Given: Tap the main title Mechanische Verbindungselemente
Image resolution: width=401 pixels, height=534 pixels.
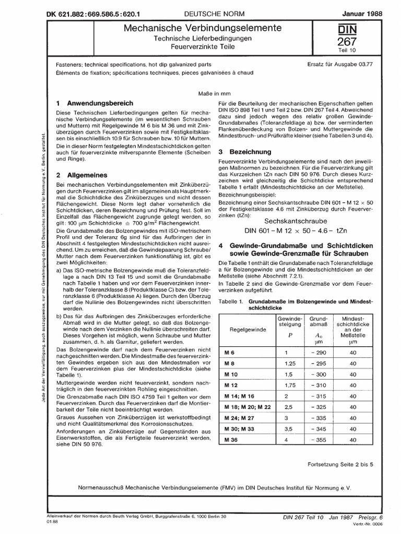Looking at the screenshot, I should pyautogui.click(x=189, y=27).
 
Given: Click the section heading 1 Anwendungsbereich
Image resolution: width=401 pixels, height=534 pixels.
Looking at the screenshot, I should pyautogui.click(x=98, y=103).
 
